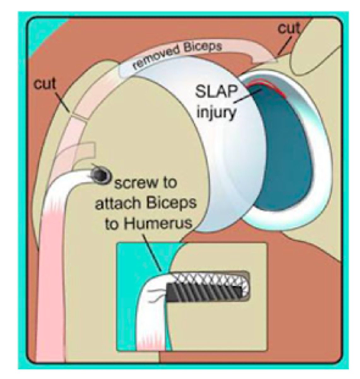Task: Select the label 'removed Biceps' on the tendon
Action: click(177, 56)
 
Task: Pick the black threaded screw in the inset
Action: click(205, 290)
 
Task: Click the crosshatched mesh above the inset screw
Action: click(208, 279)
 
